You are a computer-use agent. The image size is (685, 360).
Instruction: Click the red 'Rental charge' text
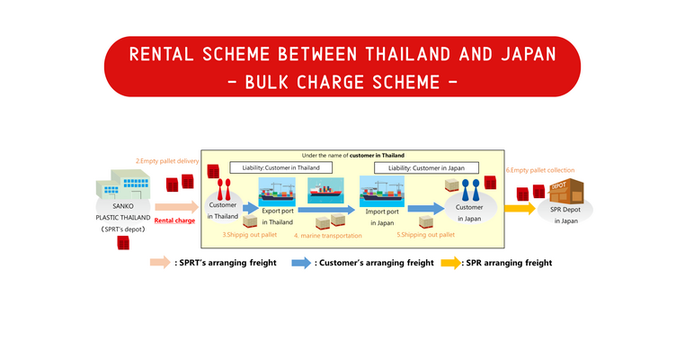click(x=174, y=220)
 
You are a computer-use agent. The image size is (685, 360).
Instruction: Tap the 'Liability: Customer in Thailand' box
click(x=281, y=167)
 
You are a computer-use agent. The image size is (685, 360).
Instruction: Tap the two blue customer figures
click(x=464, y=190)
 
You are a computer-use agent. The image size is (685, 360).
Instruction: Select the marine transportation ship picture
click(x=327, y=190)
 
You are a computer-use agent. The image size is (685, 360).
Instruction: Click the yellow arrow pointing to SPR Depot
click(x=519, y=208)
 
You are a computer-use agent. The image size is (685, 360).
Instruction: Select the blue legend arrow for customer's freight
click(x=299, y=263)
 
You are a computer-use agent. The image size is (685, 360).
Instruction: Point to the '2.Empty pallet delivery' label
click(x=167, y=161)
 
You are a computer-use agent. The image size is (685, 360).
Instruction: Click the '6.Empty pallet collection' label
click(x=539, y=170)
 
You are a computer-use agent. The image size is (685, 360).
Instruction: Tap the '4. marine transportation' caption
click(x=327, y=236)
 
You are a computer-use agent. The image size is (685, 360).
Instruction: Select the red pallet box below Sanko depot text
click(x=123, y=241)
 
